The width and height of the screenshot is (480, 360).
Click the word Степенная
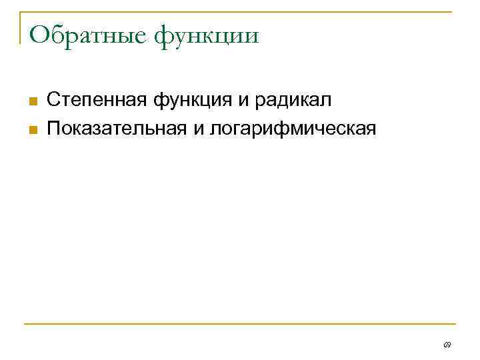pyautogui.click(x=97, y=101)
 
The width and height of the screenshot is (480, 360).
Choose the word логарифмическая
pyautogui.click(x=294, y=127)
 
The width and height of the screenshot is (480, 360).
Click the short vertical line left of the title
pyautogui.click(x=19, y=28)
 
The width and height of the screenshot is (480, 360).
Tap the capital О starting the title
pyautogui.click(x=39, y=33)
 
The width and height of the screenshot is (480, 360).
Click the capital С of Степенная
pyautogui.click(x=53, y=101)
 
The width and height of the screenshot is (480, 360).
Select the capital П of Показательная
pyautogui.click(x=53, y=127)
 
